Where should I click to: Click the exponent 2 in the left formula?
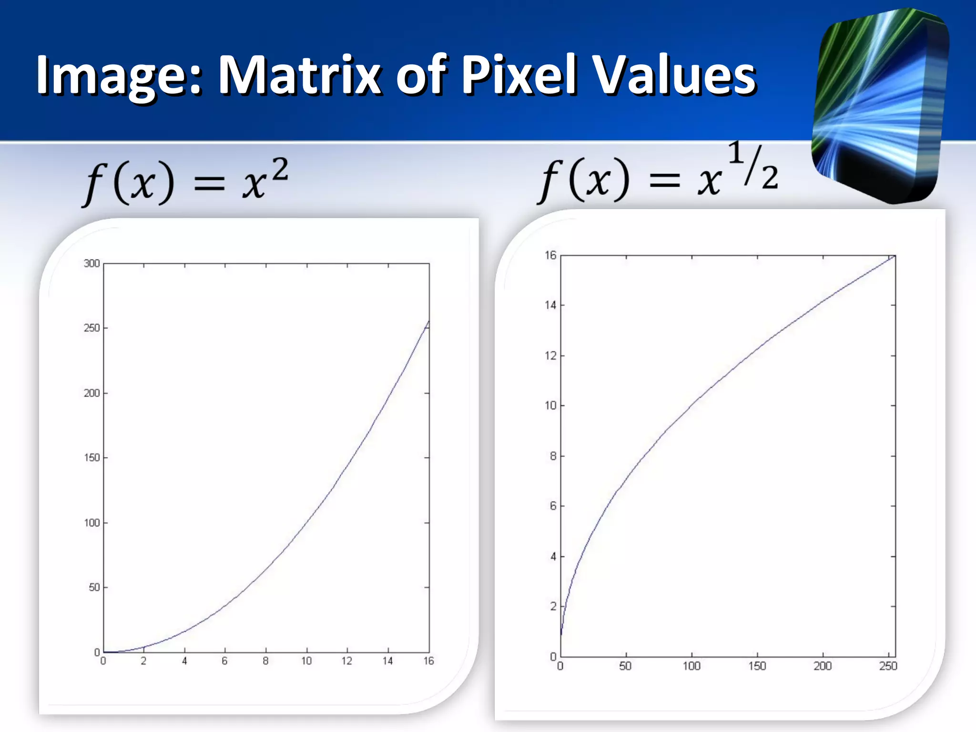(280, 170)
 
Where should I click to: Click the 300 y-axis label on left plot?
(91, 264)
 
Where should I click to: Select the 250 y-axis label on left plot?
(91, 328)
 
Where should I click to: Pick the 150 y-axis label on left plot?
(91, 458)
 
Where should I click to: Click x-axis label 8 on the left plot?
(265, 661)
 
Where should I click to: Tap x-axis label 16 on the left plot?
(428, 661)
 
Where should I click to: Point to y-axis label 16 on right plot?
(550, 255)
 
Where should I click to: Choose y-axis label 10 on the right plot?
(550, 406)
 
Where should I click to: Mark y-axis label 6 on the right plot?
(553, 506)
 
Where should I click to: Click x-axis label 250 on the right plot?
(888, 666)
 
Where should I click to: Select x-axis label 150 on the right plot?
(757, 666)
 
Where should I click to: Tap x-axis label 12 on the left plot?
(346, 661)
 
